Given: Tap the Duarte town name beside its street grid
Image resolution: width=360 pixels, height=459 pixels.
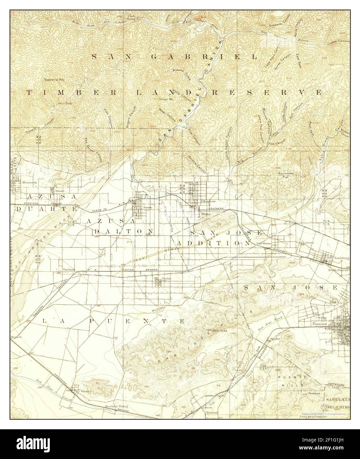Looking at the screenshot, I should [60, 191].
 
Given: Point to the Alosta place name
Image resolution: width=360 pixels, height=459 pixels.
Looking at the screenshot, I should [206, 214].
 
